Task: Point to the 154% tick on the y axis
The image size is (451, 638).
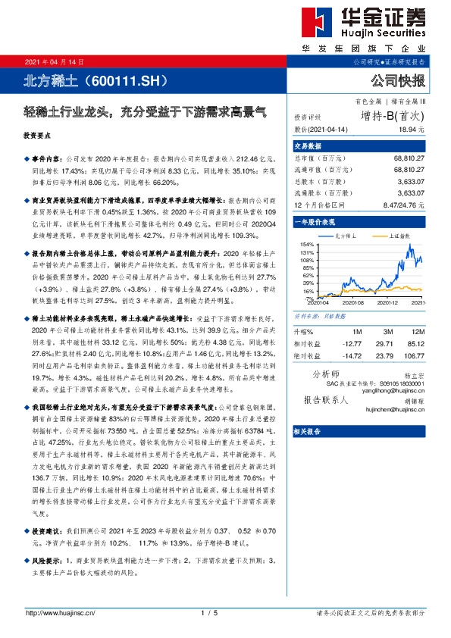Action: click(307, 243)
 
